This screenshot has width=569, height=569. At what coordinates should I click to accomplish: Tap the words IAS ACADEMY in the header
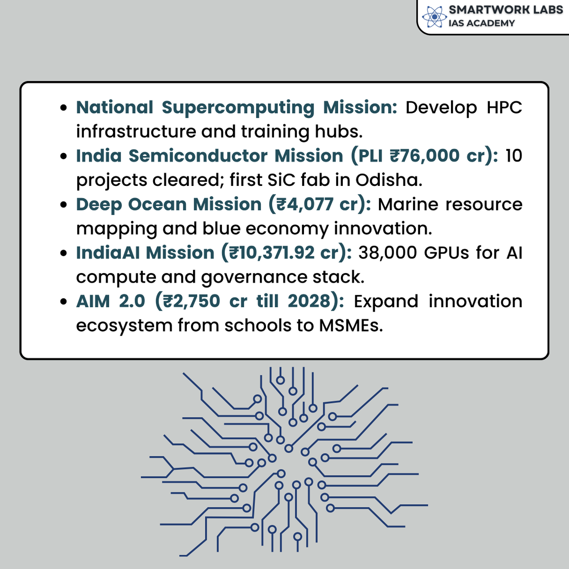481,23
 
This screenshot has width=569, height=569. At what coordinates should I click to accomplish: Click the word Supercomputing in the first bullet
238,108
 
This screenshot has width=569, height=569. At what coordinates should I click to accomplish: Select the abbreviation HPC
504,108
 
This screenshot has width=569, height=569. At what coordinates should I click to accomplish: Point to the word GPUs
445,253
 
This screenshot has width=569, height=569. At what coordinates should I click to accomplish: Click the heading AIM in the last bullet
93,301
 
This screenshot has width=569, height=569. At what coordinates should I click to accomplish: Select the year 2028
311,301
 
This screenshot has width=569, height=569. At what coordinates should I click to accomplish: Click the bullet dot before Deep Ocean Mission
64,205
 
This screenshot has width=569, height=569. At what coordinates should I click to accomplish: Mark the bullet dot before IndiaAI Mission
64,253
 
